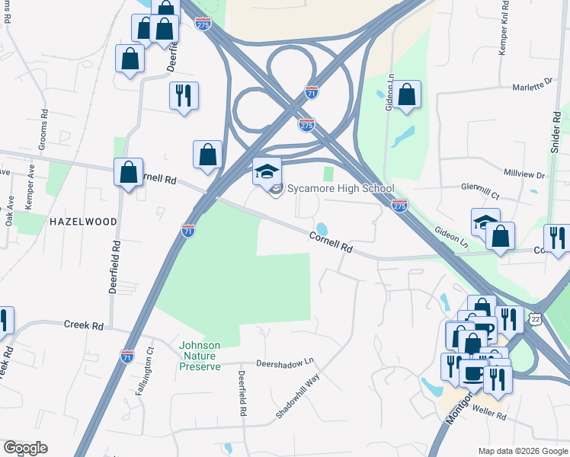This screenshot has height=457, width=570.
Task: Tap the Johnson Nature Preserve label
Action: (200, 356)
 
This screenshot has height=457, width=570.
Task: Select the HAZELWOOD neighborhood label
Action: (83, 222)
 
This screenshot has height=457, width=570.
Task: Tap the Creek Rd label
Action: (83, 324)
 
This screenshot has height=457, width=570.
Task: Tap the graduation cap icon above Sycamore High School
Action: (267, 171)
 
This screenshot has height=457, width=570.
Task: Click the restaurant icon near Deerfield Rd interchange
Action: (184, 96)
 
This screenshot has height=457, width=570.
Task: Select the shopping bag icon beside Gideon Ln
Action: (407, 95)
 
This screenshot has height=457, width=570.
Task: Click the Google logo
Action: (25, 448)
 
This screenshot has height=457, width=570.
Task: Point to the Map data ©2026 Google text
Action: (522, 451)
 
